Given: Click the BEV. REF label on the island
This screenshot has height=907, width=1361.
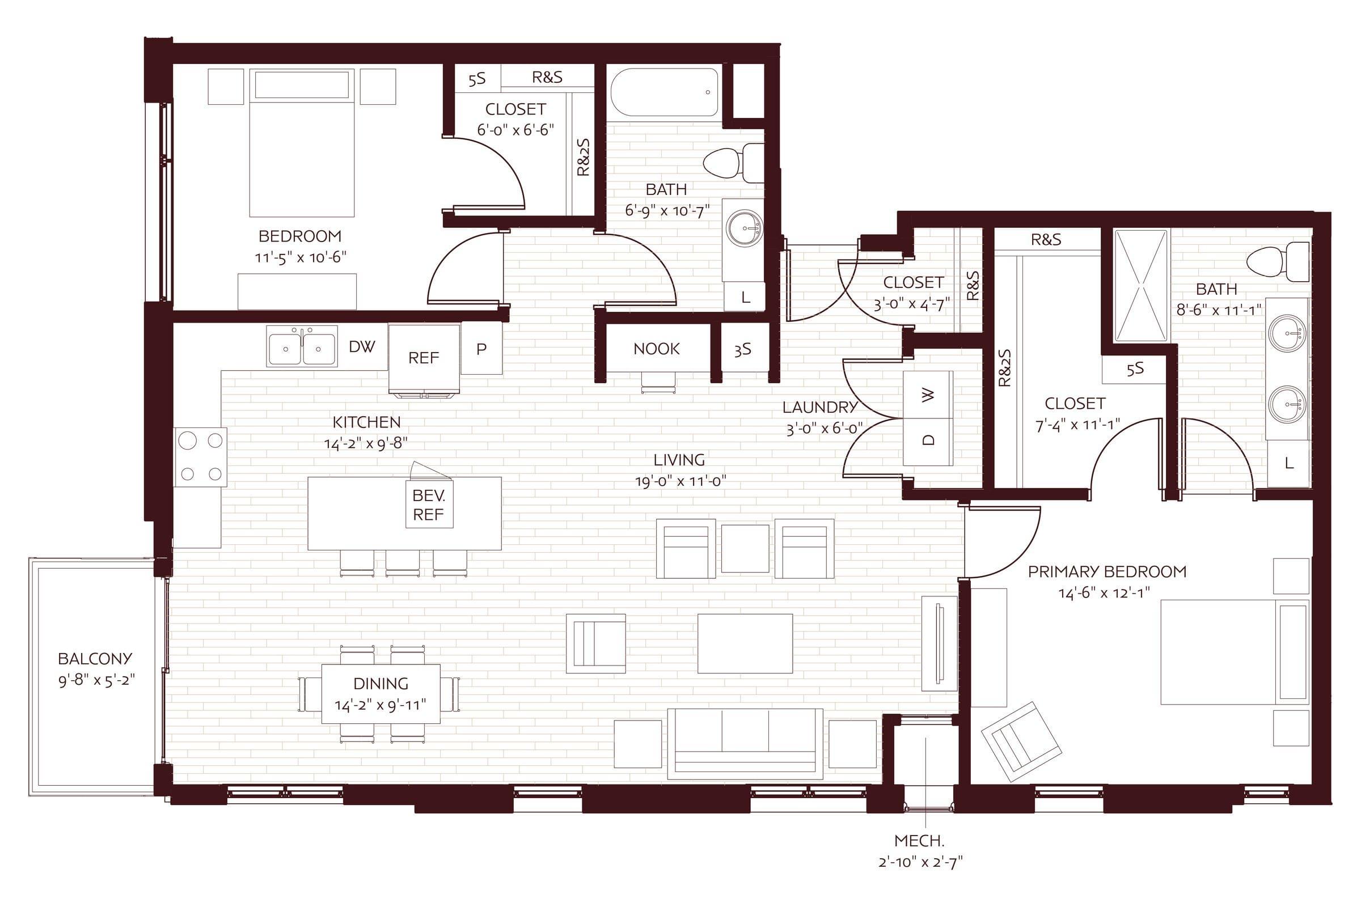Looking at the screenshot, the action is [x=428, y=505].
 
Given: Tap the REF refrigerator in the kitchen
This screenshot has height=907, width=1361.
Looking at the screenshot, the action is [x=424, y=358].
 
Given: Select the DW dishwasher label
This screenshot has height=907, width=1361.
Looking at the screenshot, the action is [x=362, y=346].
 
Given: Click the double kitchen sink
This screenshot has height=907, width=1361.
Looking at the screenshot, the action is [x=302, y=346].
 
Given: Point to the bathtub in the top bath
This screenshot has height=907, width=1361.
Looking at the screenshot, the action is [x=664, y=92].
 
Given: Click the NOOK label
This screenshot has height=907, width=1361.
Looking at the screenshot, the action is [x=656, y=349].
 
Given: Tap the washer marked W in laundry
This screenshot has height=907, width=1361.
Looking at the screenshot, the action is [x=928, y=395].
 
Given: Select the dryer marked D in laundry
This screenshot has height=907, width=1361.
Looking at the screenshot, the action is [x=928, y=442].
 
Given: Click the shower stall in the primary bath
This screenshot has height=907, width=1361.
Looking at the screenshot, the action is [x=1141, y=286].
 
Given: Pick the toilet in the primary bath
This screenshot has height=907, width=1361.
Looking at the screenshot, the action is [x=1278, y=262].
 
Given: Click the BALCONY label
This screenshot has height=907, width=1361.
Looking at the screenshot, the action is [x=95, y=658].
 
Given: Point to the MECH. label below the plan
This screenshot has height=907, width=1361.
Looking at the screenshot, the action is [x=919, y=841].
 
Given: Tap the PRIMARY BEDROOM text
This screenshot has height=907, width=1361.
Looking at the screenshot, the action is [x=1107, y=571].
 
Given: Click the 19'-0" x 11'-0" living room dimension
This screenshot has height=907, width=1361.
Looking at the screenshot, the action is [x=681, y=481].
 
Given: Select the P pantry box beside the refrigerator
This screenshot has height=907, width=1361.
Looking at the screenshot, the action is [x=481, y=349].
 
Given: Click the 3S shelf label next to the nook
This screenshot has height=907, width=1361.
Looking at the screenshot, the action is [x=742, y=349].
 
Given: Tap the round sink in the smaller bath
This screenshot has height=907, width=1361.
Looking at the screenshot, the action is [x=745, y=228].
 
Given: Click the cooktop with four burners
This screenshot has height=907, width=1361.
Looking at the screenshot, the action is [x=201, y=457].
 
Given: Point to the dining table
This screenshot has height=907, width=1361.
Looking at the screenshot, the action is [x=381, y=693].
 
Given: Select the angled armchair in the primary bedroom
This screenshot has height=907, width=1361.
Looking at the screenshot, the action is [x=1022, y=742].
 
